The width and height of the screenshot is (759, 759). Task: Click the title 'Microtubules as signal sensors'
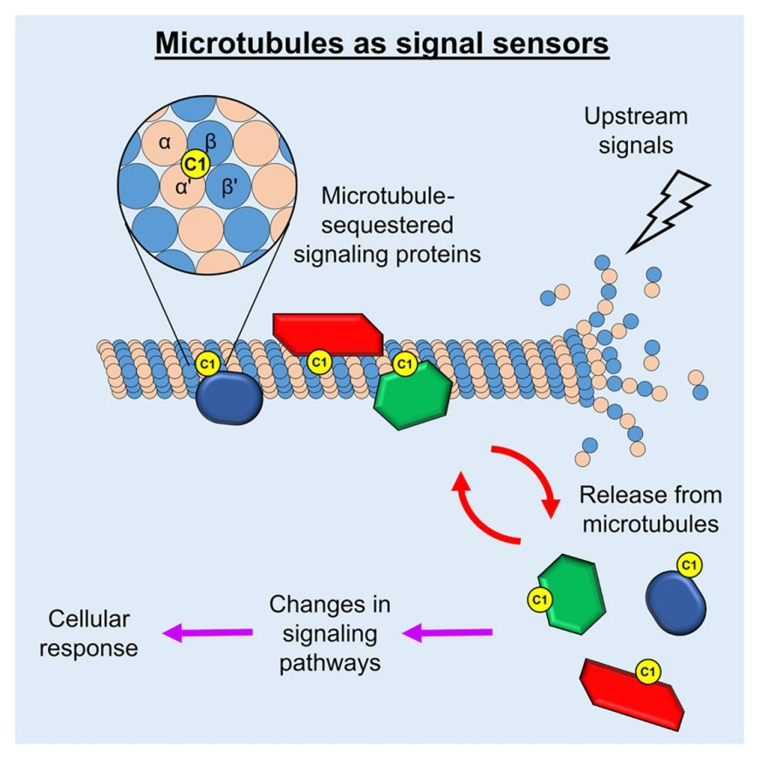tap(381, 43)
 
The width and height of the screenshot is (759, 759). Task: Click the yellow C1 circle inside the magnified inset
tap(194, 161)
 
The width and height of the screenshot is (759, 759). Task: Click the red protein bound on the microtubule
tap(327, 333)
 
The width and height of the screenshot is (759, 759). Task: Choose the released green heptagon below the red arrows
tap(571, 594)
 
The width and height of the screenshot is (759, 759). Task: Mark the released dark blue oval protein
tap(674, 598)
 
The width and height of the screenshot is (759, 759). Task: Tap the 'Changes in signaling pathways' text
tap(329, 632)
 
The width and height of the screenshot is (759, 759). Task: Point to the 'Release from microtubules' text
tap(651, 509)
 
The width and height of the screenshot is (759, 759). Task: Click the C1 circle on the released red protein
tap(647, 672)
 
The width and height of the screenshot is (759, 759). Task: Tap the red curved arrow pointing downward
tap(532, 478)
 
